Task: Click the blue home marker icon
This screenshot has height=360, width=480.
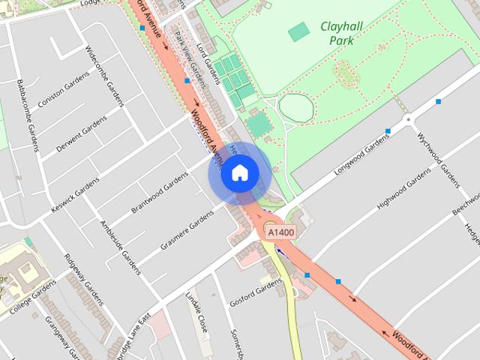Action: click(239, 172)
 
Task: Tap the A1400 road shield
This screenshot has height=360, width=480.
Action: click(280, 233)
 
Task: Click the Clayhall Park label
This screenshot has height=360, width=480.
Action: click(341, 33)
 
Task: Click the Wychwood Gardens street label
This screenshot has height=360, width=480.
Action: click(438, 160)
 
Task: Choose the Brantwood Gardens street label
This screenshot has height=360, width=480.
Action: click(160, 192)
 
